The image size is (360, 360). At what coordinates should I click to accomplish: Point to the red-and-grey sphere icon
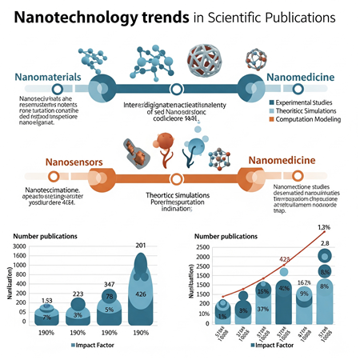(206, 61)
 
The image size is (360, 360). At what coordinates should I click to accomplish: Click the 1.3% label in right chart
(324, 226)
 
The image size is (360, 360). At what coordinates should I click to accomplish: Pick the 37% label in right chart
(262, 309)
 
